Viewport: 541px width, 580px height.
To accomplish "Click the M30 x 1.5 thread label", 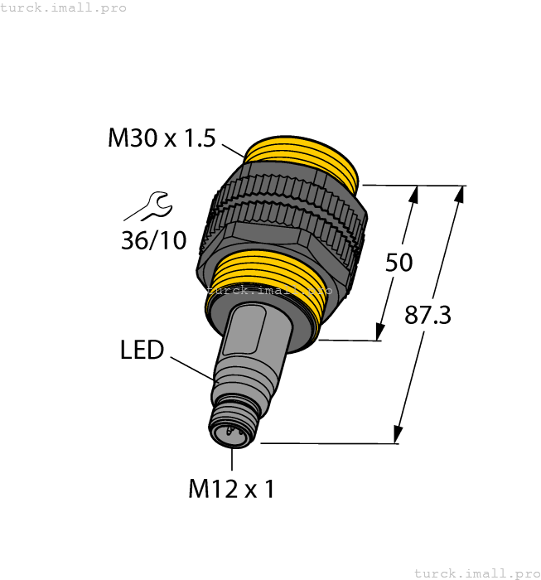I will click(162, 138).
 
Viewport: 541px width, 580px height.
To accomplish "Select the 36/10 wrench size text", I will click(153, 240).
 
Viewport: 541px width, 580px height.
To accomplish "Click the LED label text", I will click(142, 350).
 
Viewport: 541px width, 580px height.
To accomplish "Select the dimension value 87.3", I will click(427, 315).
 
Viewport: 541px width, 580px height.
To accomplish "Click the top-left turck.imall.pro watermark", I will click(64, 7).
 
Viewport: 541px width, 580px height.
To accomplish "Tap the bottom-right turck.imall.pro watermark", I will click(476, 573).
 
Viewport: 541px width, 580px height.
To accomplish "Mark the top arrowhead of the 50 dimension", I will click(414, 195).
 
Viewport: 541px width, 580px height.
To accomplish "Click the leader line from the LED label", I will click(192, 369).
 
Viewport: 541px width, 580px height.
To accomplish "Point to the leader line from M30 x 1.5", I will click(231, 150).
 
